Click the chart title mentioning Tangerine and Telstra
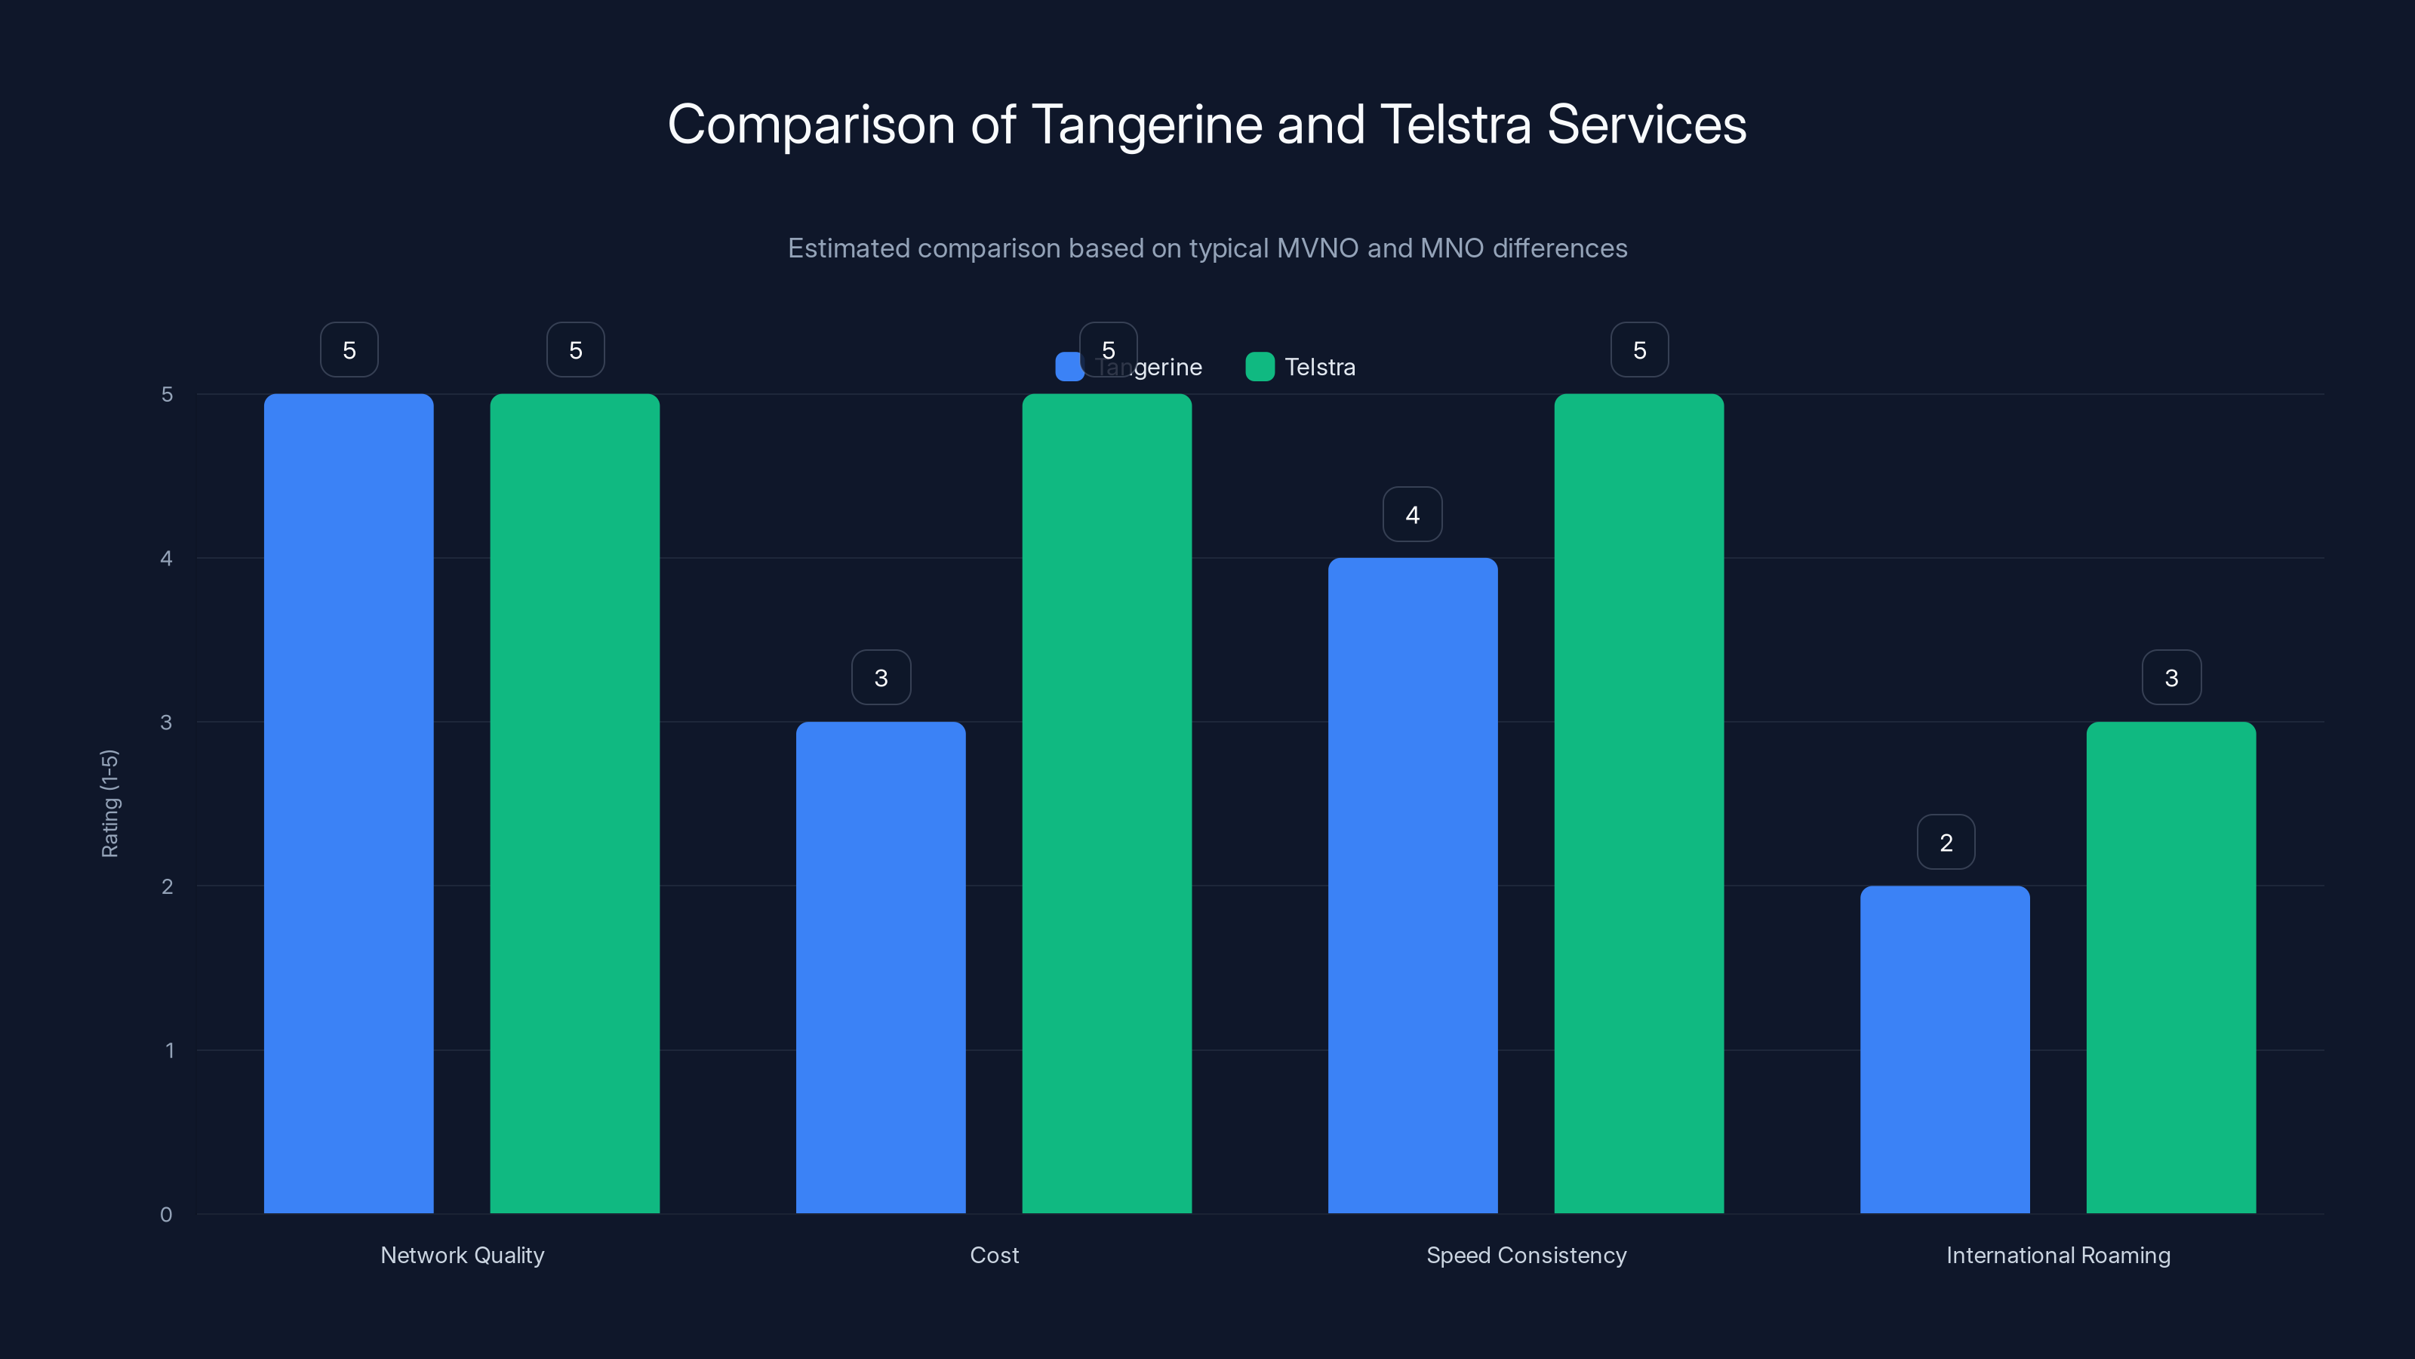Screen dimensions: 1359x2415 coord(1207,125)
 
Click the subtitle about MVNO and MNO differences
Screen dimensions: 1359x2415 coord(1207,248)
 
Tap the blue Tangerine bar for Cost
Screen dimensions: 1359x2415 coord(880,967)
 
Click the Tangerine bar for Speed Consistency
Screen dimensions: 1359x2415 coord(1413,886)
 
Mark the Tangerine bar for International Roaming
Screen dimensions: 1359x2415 coord(1944,1049)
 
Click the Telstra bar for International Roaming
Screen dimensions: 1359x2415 coord(2170,967)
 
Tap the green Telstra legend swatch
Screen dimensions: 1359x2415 coord(1259,367)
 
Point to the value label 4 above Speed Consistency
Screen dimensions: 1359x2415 coord(1412,515)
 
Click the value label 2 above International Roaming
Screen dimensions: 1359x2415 coord(1946,843)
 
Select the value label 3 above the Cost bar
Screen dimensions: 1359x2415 coord(880,678)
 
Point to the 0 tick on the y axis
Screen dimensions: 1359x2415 coord(166,1215)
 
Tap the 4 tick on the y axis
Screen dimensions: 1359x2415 coord(166,559)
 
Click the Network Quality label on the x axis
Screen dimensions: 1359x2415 coord(462,1255)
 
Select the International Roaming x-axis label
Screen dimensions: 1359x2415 coord(2058,1255)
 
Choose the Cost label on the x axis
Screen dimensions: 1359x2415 coord(994,1255)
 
